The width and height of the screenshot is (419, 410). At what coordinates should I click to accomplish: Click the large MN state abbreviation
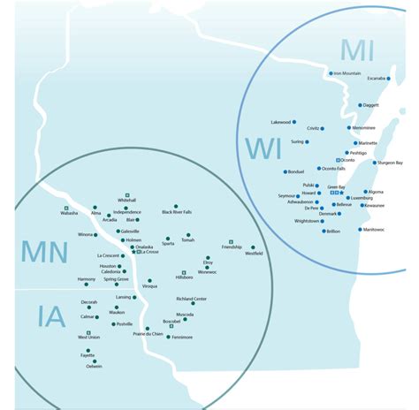pyautogui.click(x=45, y=253)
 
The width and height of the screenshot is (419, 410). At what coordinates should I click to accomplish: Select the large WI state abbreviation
pyautogui.click(x=263, y=148)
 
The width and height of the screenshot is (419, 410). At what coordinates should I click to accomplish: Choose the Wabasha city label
pyautogui.click(x=70, y=213)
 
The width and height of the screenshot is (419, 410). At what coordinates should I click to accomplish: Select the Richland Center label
pyautogui.click(x=191, y=299)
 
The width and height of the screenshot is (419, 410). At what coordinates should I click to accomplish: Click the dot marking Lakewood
pyautogui.click(x=294, y=122)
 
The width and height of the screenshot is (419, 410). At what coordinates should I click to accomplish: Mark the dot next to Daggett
pyautogui.click(x=356, y=105)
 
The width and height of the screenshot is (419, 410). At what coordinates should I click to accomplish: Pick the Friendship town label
pyautogui.click(x=232, y=247)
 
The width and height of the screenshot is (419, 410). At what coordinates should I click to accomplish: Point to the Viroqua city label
pyautogui.click(x=149, y=286)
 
